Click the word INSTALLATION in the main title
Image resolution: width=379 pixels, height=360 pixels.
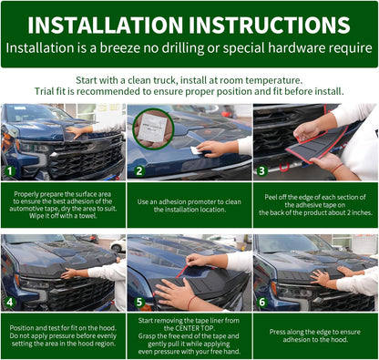point(105,25)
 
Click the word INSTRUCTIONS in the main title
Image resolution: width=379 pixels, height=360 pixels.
point(270,25)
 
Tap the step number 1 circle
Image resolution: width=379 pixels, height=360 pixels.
point(10,171)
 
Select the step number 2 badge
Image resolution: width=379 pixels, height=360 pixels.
point(139,171)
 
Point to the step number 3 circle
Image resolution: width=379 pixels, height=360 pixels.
point(261,171)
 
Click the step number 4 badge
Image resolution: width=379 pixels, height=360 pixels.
point(10,302)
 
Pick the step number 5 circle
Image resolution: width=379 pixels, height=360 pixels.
point(139,302)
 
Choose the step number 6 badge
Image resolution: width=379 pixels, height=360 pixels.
point(262,302)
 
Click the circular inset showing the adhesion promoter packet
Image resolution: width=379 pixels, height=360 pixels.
point(153,129)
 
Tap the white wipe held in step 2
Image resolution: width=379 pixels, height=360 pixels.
point(196,150)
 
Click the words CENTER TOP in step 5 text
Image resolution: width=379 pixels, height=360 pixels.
point(195,328)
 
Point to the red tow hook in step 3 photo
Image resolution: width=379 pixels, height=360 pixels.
point(284,167)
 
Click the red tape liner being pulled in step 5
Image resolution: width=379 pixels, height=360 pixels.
point(182,272)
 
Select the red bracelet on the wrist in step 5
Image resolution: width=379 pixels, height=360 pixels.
point(191,303)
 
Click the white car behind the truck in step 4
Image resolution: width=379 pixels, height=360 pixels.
point(118,244)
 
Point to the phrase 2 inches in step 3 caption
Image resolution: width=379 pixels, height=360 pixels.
point(360,212)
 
